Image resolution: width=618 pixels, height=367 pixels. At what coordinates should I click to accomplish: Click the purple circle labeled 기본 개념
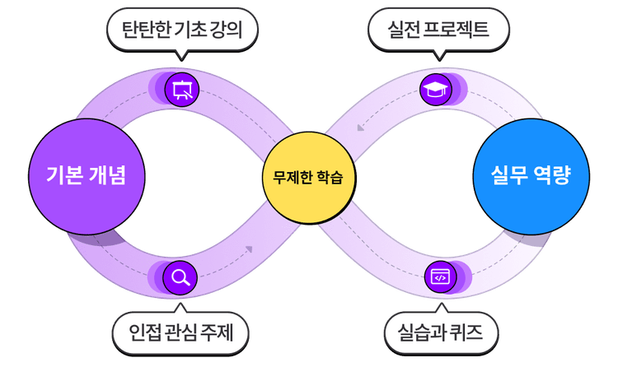(x=87, y=175)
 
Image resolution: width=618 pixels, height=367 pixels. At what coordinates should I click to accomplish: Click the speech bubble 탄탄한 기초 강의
(x=183, y=30)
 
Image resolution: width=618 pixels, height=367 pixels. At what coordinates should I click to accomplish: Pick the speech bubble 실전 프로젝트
(x=438, y=30)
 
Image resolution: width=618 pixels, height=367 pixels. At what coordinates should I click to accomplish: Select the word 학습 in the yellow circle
(x=326, y=176)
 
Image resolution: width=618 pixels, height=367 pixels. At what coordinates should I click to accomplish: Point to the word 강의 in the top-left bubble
(x=235, y=30)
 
